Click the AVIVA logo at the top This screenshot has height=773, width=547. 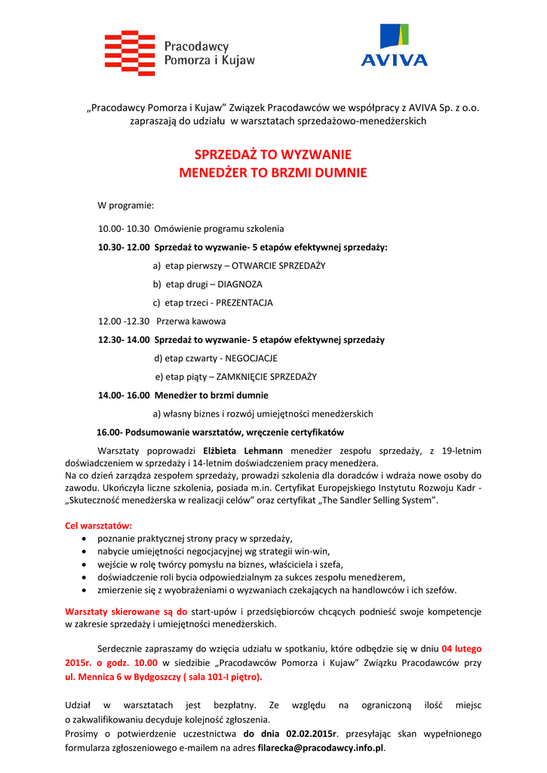pos(394,46)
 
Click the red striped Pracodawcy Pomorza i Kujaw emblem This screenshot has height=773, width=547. pos(130,53)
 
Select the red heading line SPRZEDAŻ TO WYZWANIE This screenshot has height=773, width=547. pos(272,155)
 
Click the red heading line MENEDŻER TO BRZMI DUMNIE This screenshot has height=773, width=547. pos(272,173)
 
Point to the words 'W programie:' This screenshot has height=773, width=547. pos(126,205)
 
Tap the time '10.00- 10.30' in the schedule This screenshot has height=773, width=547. pos(124,229)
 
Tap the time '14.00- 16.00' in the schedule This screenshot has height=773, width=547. pos(124,395)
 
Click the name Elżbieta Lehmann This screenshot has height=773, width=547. pos(246,451)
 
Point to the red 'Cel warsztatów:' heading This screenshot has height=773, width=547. pos(99,525)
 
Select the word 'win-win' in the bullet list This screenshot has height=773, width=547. pos(313,551)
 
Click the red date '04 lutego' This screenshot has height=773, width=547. pos(461,648)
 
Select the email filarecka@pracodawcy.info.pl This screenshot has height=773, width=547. pos(321,748)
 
